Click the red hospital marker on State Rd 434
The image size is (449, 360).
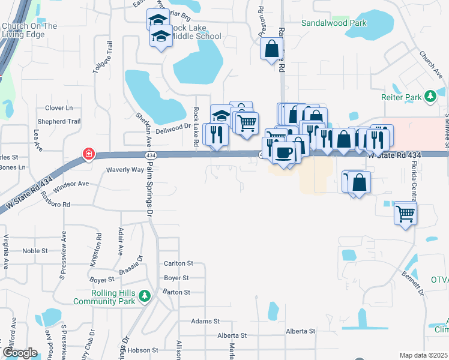click(x=88, y=154)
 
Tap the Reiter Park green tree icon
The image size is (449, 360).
click(x=430, y=96)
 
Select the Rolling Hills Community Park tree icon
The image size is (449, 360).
click(x=143, y=296)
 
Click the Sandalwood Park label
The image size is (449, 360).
click(x=334, y=23)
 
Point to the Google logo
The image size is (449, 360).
click(x=20, y=352)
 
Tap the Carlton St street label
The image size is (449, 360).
click(x=178, y=263)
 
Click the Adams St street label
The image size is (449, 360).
click(x=202, y=321)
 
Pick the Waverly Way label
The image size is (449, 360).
click(x=125, y=170)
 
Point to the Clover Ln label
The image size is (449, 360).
click(x=59, y=108)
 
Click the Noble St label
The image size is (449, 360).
click(x=35, y=251)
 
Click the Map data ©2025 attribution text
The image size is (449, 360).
click(x=423, y=355)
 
